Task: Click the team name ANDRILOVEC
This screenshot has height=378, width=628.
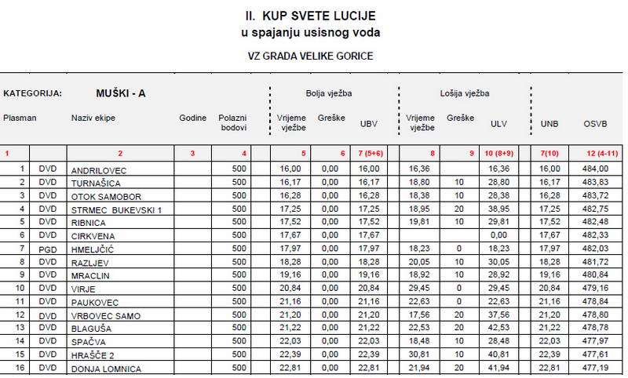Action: (98, 169)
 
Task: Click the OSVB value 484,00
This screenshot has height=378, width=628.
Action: (595, 169)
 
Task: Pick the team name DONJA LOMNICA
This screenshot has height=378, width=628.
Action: (106, 369)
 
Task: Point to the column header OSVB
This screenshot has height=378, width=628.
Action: (595, 124)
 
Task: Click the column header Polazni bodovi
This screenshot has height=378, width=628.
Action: (233, 122)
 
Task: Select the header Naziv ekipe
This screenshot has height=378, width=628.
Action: (93, 118)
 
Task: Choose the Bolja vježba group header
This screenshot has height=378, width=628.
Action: (328, 93)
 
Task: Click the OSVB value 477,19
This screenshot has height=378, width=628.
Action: (595, 369)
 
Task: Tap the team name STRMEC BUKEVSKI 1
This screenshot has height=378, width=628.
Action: (116, 209)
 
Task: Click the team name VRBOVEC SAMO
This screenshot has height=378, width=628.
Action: (106, 315)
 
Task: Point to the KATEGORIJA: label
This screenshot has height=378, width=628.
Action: (33, 93)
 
